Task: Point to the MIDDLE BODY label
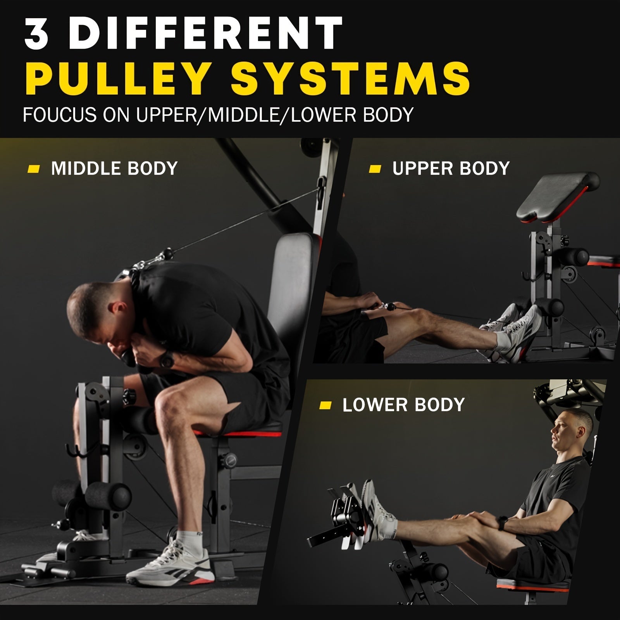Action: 114,169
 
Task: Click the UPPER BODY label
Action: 451,169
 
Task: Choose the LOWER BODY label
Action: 403,405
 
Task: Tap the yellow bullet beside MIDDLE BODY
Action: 34,169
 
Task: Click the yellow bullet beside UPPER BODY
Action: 375,169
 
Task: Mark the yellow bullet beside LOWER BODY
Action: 325,405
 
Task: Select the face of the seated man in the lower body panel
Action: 562,428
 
